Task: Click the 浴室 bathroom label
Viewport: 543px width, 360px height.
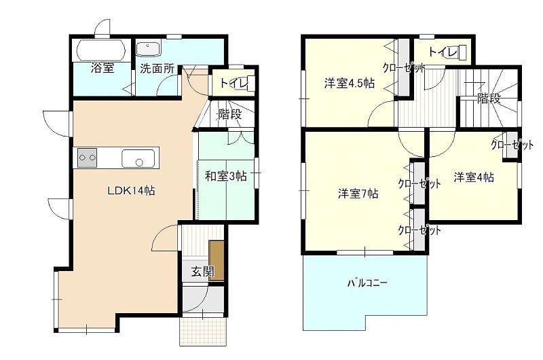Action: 102,68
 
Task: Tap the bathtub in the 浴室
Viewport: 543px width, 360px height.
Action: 101,51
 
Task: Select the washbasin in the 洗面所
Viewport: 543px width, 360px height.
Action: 148,49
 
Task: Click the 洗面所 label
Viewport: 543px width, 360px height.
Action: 157,68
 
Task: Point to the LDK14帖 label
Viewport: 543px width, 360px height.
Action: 131,191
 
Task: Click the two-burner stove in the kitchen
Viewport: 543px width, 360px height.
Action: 88,158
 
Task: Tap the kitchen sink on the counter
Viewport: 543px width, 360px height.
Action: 138,159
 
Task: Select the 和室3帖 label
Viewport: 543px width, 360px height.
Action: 226,177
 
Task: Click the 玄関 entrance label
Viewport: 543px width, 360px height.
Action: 202,272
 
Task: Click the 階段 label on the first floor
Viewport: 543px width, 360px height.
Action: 229,114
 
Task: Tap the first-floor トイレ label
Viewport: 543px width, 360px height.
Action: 234,83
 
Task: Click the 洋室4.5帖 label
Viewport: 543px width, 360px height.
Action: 349,84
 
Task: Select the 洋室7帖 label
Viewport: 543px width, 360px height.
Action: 358,194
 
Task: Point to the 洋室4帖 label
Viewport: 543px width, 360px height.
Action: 474,177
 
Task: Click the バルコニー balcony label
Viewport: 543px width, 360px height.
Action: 367,283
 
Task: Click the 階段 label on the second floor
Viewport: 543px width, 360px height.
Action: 489,98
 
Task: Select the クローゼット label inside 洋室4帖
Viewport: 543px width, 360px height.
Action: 512,144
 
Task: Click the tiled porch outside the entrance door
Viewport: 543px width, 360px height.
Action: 203,331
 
